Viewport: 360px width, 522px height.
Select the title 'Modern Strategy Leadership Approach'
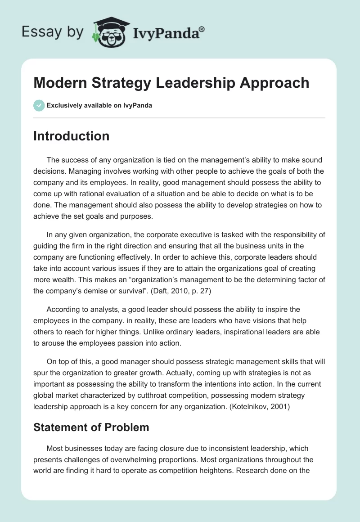point(171,83)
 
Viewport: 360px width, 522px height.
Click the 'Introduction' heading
point(71,136)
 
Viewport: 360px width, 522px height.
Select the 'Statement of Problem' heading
point(91,427)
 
